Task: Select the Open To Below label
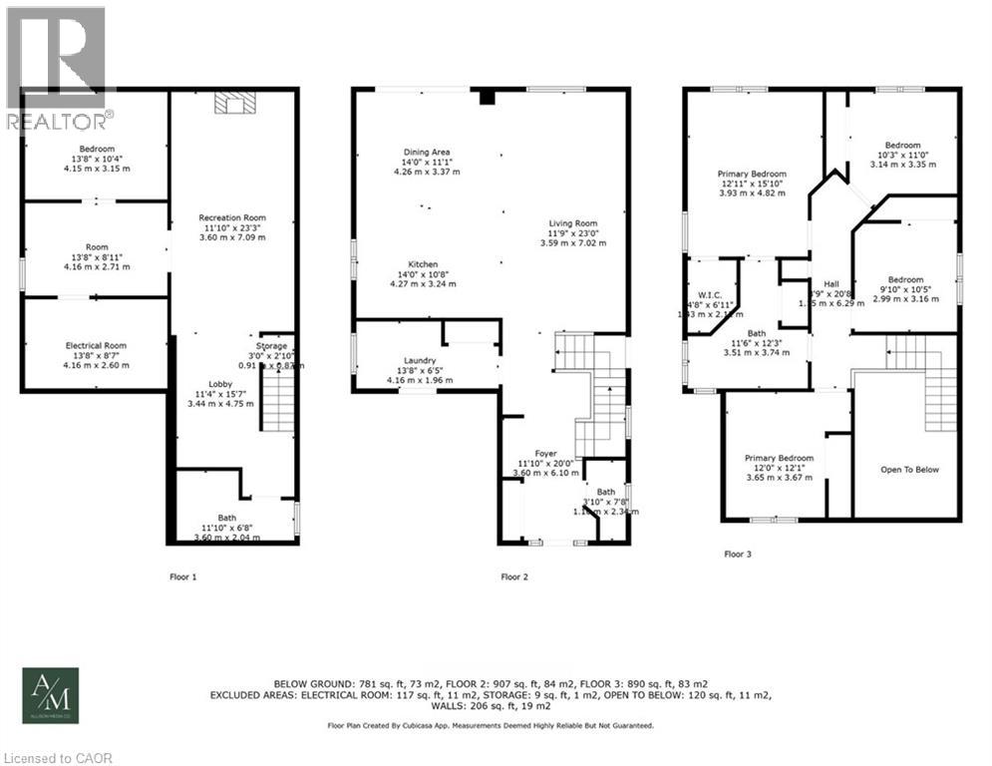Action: click(908, 469)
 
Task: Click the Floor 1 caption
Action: click(182, 576)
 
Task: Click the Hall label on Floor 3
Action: click(831, 284)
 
